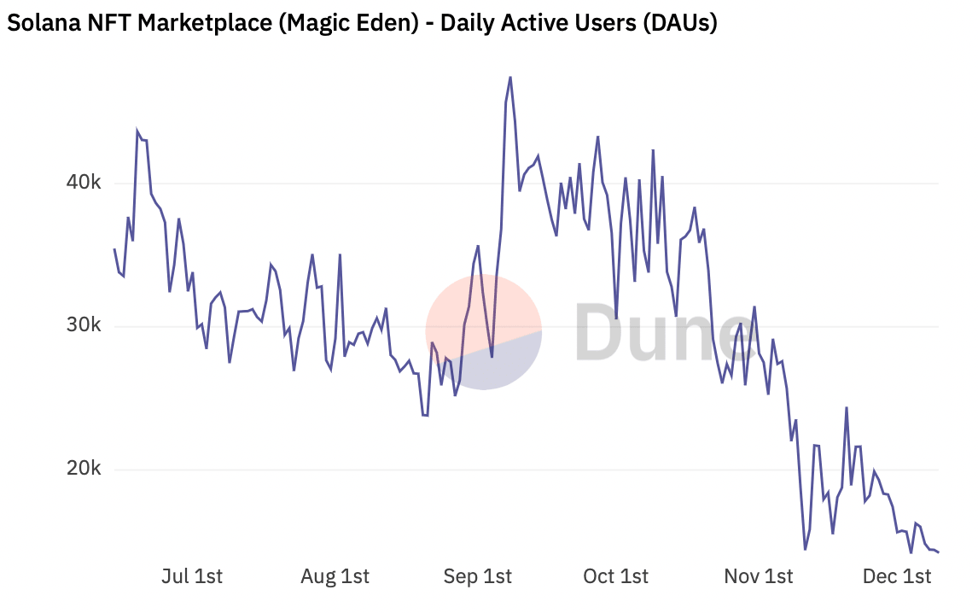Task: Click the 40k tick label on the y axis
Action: point(85,183)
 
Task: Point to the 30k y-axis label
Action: point(85,326)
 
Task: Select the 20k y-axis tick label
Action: point(85,469)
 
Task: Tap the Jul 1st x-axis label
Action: point(191,576)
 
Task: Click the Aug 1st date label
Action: point(335,576)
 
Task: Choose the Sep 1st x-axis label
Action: point(477,576)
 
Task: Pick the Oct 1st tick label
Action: point(615,576)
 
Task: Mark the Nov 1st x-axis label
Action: point(758,576)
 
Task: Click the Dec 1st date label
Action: point(896,576)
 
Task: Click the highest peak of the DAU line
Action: point(510,77)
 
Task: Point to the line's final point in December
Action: point(939,552)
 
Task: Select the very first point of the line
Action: point(114,249)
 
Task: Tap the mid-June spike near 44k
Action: point(137,131)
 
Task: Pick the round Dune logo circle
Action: point(483,332)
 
